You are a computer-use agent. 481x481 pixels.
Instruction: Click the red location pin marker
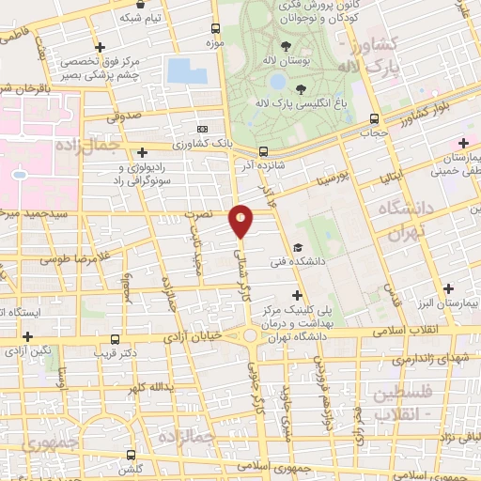241,220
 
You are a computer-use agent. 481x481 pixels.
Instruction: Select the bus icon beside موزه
216,29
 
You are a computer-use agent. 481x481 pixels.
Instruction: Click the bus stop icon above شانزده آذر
263,150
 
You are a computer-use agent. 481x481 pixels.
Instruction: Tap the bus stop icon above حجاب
375,119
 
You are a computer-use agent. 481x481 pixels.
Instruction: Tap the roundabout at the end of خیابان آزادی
252,334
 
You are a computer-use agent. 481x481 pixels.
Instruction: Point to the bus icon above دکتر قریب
115,339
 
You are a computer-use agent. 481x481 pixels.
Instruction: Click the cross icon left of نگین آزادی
27,336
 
